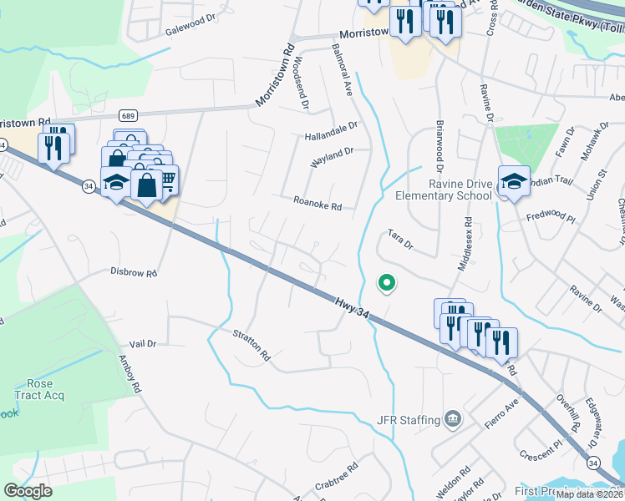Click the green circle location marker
386,283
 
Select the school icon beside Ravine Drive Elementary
514,180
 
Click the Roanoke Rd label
318,203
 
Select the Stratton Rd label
252,347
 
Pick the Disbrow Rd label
134,272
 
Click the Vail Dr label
143,343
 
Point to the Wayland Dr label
332,157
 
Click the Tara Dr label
399,240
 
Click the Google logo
28,491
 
